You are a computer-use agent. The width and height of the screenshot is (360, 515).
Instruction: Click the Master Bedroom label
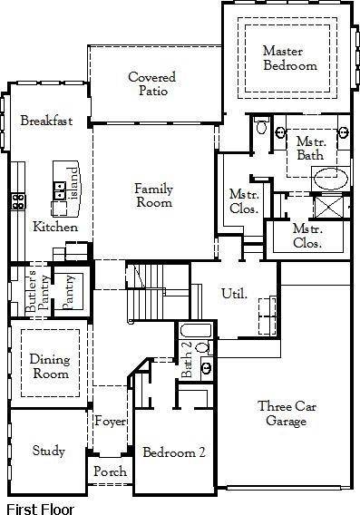(290, 58)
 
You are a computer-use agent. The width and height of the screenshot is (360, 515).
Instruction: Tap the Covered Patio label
(151, 84)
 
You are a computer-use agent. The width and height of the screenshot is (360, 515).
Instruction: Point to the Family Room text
(153, 196)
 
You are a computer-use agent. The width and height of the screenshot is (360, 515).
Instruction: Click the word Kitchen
(55, 227)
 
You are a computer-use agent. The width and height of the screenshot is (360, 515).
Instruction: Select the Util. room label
(234, 294)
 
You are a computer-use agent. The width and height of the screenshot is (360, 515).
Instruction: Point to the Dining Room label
(50, 365)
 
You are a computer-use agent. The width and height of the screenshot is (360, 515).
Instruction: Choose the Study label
(48, 451)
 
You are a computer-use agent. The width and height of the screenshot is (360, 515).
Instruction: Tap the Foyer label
(111, 422)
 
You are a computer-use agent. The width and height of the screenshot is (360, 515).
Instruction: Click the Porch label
(111, 472)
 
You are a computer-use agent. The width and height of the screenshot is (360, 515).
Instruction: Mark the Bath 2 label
(187, 360)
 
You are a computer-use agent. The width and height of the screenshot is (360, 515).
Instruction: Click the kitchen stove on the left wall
(17, 201)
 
